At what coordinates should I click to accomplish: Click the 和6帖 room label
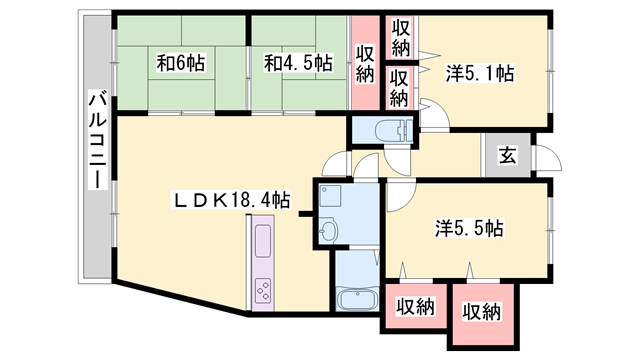181,63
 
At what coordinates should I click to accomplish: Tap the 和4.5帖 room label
298,63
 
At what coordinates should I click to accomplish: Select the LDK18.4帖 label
232,200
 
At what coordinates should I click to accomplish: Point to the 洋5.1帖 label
480,73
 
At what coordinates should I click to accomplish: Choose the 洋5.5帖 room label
469,228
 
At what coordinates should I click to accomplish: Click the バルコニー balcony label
98,141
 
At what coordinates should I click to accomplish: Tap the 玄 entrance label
507,156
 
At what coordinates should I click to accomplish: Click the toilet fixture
393,130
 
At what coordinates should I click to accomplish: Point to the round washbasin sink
327,232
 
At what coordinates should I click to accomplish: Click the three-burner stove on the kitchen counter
263,291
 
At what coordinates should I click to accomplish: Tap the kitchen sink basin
262,241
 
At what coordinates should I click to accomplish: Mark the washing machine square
330,196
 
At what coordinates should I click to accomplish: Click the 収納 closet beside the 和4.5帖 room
365,63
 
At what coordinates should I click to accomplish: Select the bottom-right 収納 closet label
482,312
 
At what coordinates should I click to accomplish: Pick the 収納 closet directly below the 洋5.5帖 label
416,306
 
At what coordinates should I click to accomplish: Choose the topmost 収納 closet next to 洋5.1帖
401,38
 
